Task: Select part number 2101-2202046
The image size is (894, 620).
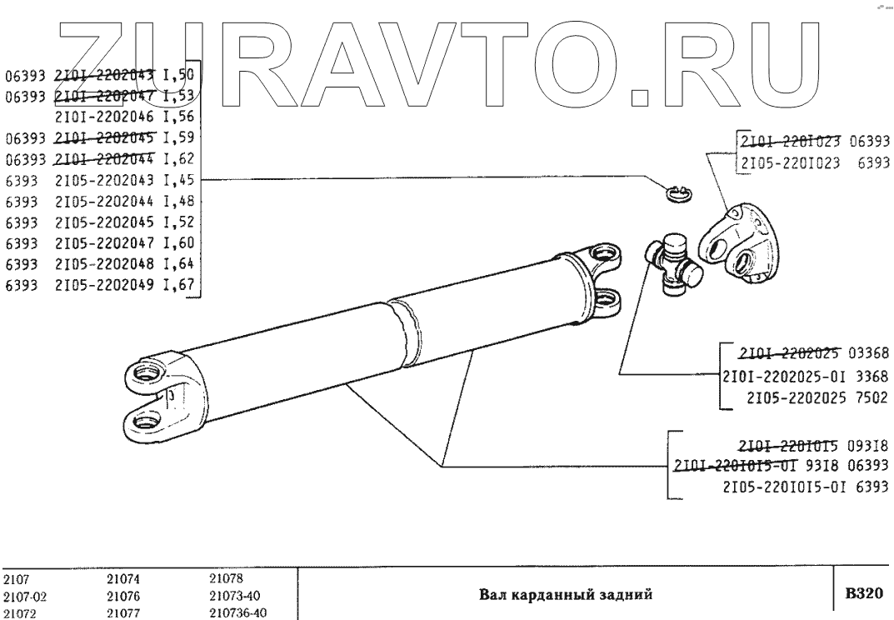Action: pos(107,117)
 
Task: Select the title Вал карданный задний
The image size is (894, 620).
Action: pos(564,595)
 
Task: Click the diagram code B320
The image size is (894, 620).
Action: pos(862,594)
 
